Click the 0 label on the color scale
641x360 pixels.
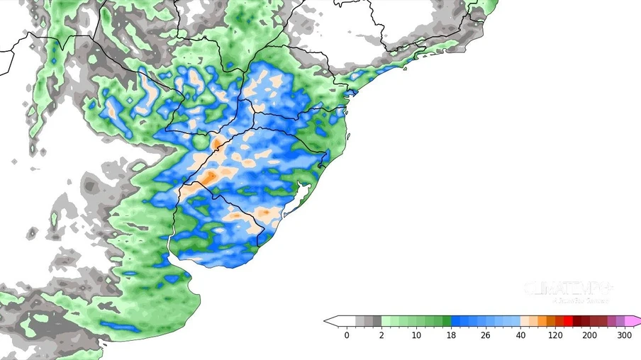(x=347, y=335)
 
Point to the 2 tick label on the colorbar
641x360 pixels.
(x=381, y=335)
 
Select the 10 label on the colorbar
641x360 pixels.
(x=416, y=335)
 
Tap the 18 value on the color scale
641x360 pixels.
(x=451, y=335)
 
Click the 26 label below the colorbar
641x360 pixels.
(x=486, y=335)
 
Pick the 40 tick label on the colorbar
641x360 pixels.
(x=520, y=335)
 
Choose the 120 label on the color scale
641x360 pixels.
(x=555, y=335)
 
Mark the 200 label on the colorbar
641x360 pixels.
(x=589, y=335)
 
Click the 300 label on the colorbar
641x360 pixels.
(x=624, y=335)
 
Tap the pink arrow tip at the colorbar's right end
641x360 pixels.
(x=636, y=321)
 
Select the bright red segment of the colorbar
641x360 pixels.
(x=568, y=321)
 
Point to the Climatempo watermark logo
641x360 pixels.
(x=568, y=288)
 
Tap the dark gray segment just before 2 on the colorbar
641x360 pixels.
(x=377, y=321)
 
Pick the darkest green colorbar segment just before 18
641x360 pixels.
(x=447, y=321)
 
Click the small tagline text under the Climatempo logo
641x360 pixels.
(x=579, y=300)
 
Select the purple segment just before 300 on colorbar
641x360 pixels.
(x=620, y=321)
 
